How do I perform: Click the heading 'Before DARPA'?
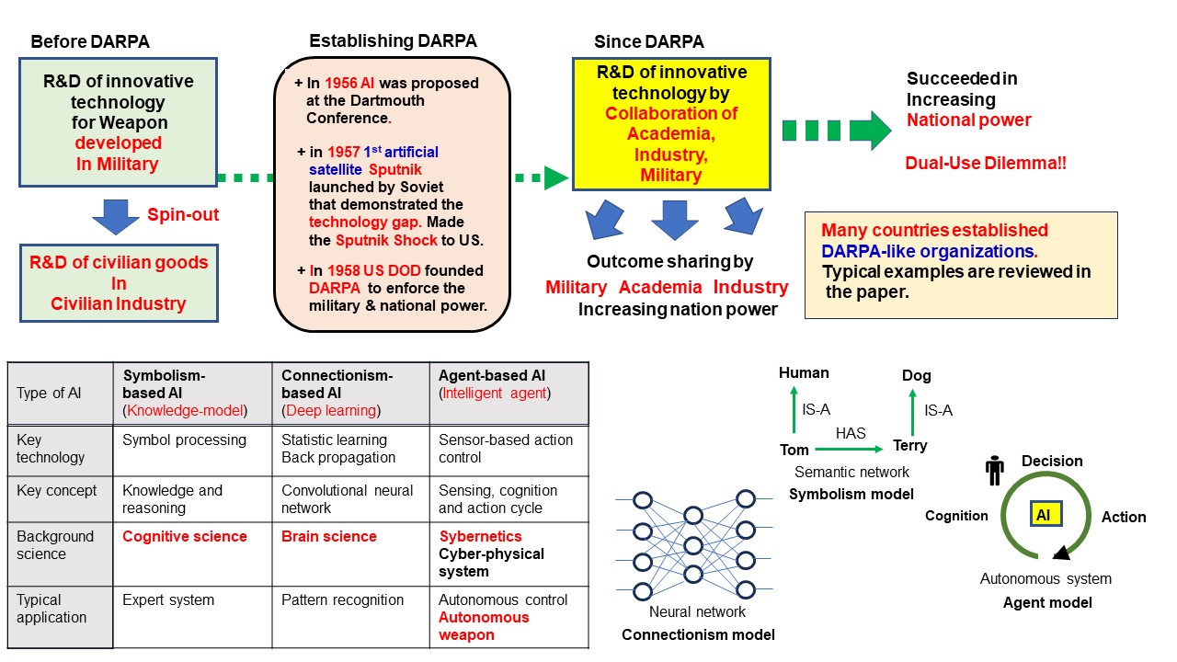[x=90, y=41]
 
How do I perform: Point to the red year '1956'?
[x=342, y=83]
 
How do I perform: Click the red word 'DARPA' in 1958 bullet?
[x=335, y=288]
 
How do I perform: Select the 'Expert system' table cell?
[x=168, y=600]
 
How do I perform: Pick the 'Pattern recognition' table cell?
[x=342, y=600]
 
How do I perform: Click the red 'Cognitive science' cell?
[x=185, y=536]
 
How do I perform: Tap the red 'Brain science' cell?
[x=329, y=536]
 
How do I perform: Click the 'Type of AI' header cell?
[x=49, y=394]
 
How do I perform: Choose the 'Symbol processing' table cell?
[x=184, y=439]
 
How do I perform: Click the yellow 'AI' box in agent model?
[x=1044, y=516]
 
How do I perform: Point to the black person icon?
[x=994, y=470]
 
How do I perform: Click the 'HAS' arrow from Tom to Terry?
[x=851, y=449]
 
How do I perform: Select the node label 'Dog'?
[x=916, y=375]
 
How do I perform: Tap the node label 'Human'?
[x=804, y=372]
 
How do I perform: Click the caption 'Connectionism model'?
[x=698, y=634]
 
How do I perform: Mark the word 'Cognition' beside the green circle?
[x=956, y=516]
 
